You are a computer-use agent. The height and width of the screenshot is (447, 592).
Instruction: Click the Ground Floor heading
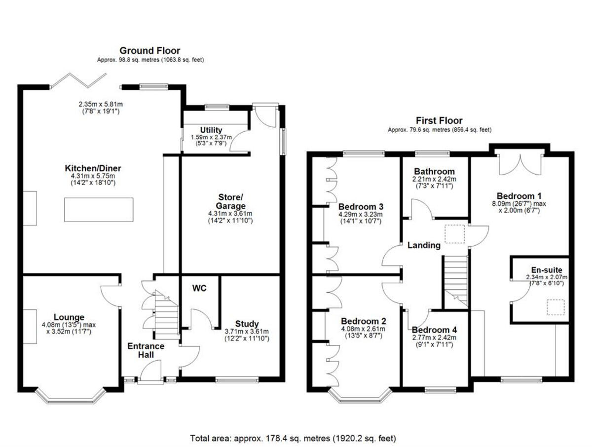150,50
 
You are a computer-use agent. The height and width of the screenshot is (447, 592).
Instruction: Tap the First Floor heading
439,121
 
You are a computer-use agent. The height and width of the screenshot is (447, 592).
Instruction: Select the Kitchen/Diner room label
96,168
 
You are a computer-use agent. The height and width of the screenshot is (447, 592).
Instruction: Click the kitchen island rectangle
99,209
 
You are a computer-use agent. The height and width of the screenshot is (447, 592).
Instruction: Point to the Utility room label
211,130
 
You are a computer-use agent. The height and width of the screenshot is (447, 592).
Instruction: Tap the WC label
199,288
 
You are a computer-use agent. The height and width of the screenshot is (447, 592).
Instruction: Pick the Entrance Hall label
146,351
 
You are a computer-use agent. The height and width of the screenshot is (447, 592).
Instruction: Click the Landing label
424,245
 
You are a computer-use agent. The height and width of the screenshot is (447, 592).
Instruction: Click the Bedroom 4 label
434,330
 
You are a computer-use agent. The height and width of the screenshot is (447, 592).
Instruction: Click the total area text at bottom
293,438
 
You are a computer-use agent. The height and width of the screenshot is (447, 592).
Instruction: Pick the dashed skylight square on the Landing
455,233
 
